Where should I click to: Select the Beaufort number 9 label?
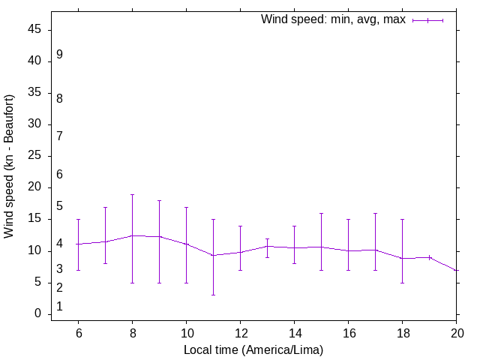[x=59, y=55]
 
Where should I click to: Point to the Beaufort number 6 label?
[x=59, y=174]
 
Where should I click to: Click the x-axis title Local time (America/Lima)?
[x=253, y=349]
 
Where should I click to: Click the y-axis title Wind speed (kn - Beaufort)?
[x=10, y=166]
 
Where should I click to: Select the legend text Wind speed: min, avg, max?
[x=333, y=19]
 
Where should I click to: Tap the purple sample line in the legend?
[x=427, y=20]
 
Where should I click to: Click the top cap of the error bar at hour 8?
[x=132, y=194]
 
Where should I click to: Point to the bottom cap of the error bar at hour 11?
[x=213, y=295]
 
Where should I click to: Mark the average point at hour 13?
[x=267, y=246]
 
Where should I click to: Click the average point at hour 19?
[x=429, y=257]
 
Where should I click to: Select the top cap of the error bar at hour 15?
[x=321, y=213]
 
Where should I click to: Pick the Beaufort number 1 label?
[x=59, y=307]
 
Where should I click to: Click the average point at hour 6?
[x=78, y=244]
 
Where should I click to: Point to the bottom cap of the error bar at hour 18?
[x=402, y=283]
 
